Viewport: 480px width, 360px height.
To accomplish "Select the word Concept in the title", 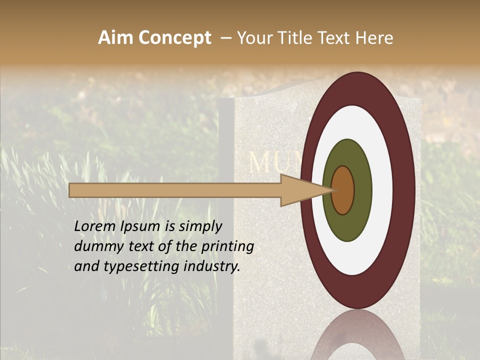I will tap(174, 38).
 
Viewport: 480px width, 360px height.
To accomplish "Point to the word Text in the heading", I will tap(335, 38).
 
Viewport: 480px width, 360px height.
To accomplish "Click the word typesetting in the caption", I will tap(132, 266).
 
